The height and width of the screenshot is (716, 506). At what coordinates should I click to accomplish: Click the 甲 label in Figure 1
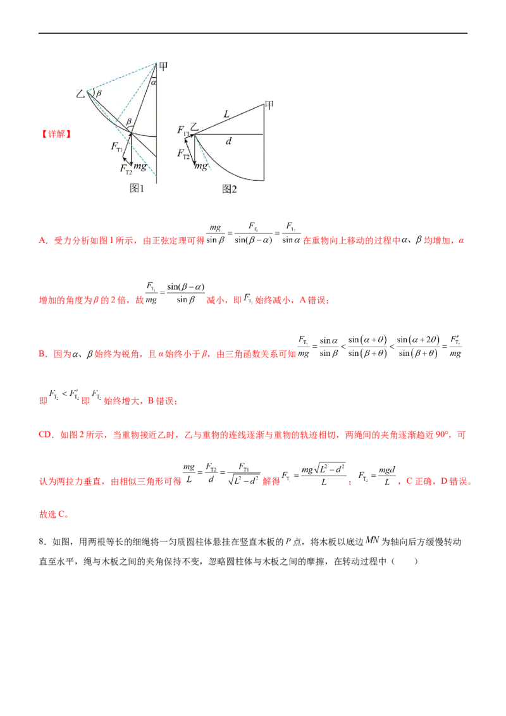[163, 66]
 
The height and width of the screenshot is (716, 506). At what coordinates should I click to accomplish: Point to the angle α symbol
[154, 82]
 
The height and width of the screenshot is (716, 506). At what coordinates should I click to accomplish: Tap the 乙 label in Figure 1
[80, 94]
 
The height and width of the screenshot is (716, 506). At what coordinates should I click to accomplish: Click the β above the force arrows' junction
[129, 121]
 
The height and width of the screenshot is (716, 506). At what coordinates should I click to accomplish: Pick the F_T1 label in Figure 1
[117, 147]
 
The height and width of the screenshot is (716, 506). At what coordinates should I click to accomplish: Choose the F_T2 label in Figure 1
[126, 168]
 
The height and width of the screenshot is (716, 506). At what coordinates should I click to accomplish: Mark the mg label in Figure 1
[140, 166]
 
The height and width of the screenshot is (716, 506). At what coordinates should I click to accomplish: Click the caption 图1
[137, 188]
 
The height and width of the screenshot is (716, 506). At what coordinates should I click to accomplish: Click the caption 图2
[230, 188]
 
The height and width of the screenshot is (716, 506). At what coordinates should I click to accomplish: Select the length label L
[226, 113]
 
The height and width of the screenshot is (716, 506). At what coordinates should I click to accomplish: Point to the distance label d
[228, 142]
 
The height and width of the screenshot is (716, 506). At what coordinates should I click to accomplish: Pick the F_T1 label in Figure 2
[183, 132]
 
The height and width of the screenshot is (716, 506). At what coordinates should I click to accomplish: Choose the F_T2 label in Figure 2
[183, 154]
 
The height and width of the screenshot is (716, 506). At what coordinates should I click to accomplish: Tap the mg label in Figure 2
[201, 166]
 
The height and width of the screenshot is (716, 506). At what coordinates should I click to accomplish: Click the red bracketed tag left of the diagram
[56, 133]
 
